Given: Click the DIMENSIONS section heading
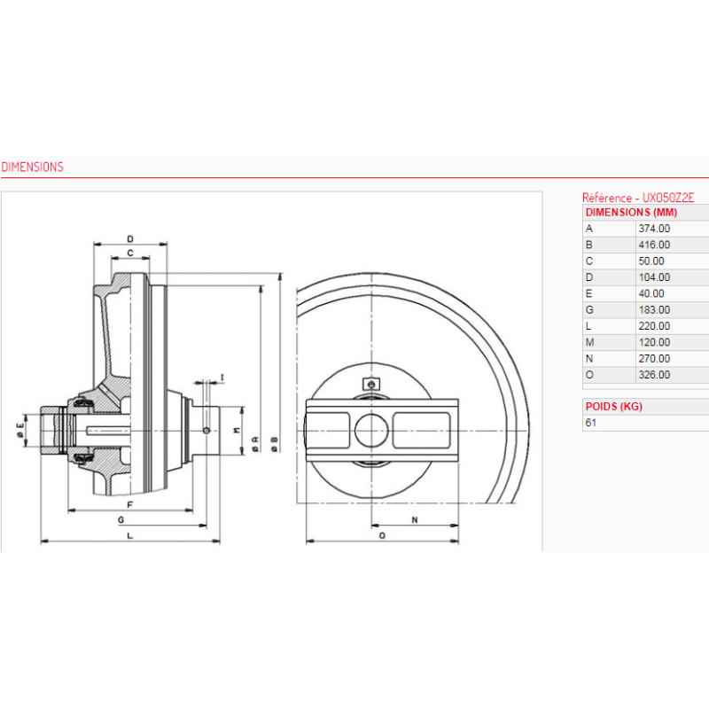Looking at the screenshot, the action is (32, 167).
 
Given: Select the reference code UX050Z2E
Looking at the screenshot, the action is (668, 198).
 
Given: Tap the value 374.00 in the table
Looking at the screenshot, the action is (654, 229).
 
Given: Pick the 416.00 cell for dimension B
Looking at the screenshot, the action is (654, 245).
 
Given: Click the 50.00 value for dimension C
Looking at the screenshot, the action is (651, 261).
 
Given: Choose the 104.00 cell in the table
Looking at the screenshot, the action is (654, 277).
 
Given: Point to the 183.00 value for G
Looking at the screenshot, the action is (654, 309).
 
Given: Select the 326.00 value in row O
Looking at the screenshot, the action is (654, 375).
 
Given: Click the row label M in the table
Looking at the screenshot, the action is (589, 342).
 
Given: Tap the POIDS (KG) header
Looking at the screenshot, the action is (613, 407).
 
